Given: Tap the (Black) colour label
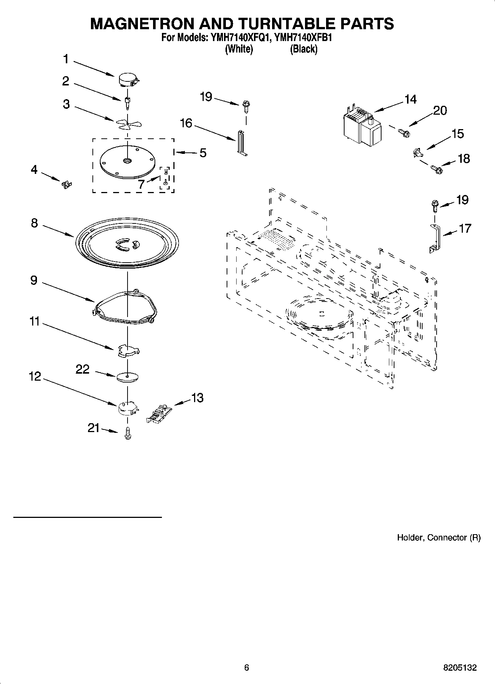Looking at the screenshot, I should (x=304, y=49).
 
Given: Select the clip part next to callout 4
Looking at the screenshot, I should (x=67, y=184).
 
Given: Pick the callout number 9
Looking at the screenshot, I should (x=34, y=280).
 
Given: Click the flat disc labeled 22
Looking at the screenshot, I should (x=127, y=377).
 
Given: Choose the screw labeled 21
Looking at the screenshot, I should (x=128, y=433).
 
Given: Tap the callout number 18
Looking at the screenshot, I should (x=464, y=159).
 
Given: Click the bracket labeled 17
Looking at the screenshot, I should (x=435, y=239).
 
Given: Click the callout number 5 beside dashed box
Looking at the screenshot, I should (x=203, y=153).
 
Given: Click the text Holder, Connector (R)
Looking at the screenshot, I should (x=438, y=538).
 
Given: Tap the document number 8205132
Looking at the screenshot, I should (x=460, y=668).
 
